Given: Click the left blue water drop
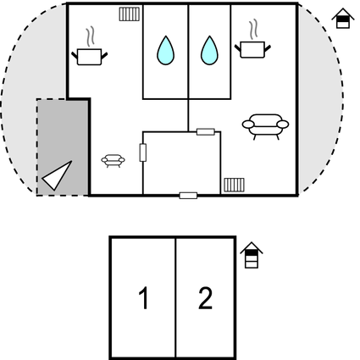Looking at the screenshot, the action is pyautogui.click(x=165, y=51).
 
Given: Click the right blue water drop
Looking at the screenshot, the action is pyautogui.click(x=209, y=51).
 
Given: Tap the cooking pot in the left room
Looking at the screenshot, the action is pyautogui.click(x=89, y=57).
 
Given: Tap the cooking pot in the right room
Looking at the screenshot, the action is pyautogui.click(x=252, y=50).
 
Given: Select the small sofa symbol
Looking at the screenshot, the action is pyautogui.click(x=113, y=161).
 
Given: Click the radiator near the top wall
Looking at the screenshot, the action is pyautogui.click(x=130, y=14).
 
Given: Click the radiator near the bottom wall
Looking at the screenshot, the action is pyautogui.click(x=234, y=185).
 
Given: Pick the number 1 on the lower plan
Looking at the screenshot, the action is pyautogui.click(x=144, y=298).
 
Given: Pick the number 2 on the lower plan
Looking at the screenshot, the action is pyautogui.click(x=205, y=298).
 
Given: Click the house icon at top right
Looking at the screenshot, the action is pyautogui.click(x=343, y=19).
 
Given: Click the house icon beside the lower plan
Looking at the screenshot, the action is pyautogui.click(x=252, y=255).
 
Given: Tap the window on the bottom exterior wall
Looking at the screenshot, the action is pyautogui.click(x=188, y=196).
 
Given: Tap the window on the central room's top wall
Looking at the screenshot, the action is pyautogui.click(x=206, y=132).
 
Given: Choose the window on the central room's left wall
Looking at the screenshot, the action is pyautogui.click(x=143, y=152).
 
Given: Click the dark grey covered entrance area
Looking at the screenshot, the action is pyautogui.click(x=63, y=147).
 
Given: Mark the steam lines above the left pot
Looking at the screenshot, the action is pyautogui.click(x=90, y=36).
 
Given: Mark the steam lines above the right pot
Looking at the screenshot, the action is pyautogui.click(x=253, y=29).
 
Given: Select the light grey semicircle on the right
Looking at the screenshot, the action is pyautogui.click(x=320, y=99).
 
